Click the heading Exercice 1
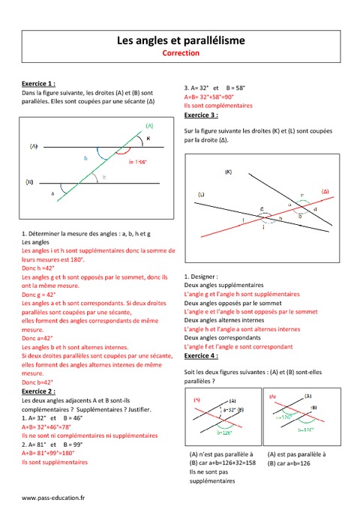[40, 84]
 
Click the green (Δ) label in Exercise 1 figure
[150, 126]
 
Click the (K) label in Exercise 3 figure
[228, 172]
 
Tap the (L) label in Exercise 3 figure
[201, 195]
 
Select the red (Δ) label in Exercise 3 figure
[325, 192]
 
